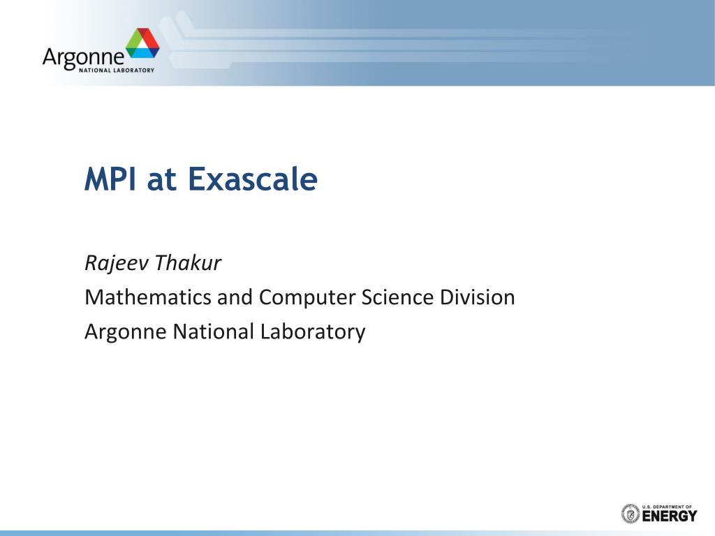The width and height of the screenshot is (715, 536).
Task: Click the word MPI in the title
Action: [110, 179]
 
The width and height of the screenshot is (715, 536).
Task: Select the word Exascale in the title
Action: [253, 179]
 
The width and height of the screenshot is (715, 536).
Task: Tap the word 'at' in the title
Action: [161, 181]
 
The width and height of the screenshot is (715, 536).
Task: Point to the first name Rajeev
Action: [117, 263]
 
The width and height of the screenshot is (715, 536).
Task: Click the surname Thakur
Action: [187, 262]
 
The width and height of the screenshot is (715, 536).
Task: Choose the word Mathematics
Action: [148, 297]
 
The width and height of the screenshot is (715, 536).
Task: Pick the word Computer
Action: [307, 298]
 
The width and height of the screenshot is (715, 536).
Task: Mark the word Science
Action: [397, 297]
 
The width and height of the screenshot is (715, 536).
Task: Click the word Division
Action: [478, 297]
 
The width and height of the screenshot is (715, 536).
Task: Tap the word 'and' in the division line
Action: [235, 297]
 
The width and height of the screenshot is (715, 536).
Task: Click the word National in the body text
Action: [213, 332]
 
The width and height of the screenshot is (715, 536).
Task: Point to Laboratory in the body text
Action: [313, 332]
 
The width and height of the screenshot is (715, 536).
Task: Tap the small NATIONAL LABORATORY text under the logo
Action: [117, 70]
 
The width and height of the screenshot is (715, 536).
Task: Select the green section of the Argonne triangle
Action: [133, 42]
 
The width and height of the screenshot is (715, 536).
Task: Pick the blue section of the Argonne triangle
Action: [145, 53]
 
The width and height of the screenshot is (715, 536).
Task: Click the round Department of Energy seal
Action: [631, 514]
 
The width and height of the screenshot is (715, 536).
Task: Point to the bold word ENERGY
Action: [670, 516]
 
